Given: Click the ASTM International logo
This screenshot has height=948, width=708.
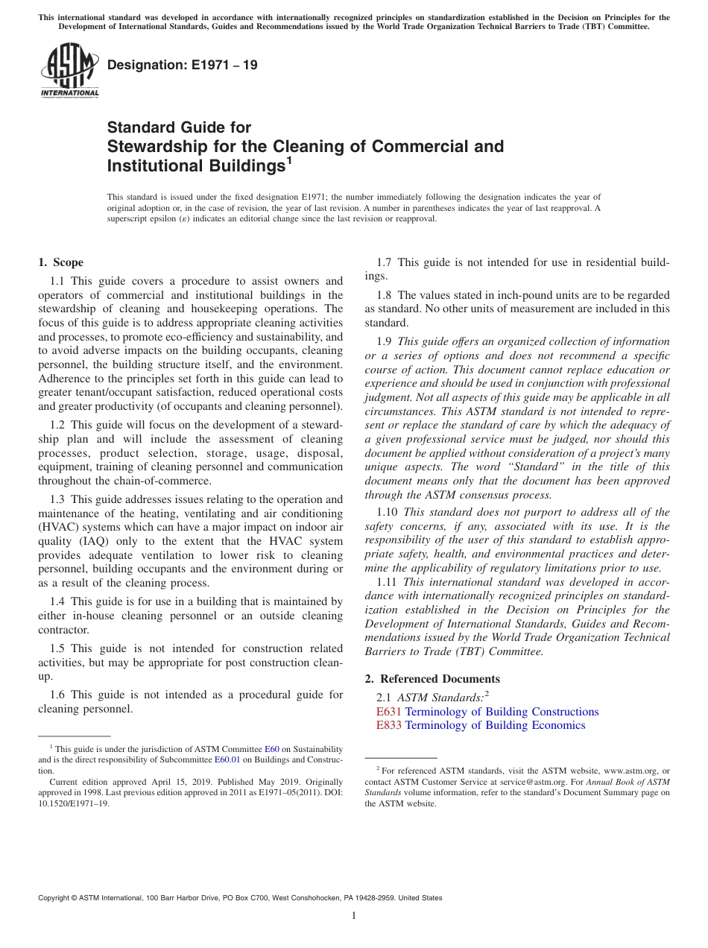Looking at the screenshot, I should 69,72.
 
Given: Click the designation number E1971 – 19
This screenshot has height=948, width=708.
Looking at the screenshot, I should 183,65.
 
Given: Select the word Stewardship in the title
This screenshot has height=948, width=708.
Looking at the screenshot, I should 151,146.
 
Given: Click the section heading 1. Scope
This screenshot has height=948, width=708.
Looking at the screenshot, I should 60,262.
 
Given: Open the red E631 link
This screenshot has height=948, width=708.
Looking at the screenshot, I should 388,712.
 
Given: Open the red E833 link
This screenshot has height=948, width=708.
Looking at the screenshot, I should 388,725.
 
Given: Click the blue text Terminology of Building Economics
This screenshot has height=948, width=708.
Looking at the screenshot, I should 495,725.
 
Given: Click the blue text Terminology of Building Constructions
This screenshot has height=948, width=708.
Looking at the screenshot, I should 502,712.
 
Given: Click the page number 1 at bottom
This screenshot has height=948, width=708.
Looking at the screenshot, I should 354,916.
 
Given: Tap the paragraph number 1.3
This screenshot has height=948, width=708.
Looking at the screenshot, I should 58,499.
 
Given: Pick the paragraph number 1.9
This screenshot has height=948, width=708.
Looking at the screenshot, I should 385,341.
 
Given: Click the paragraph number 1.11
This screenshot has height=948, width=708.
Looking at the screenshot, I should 388,581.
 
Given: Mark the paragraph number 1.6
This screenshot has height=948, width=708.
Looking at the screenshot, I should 58,695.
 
